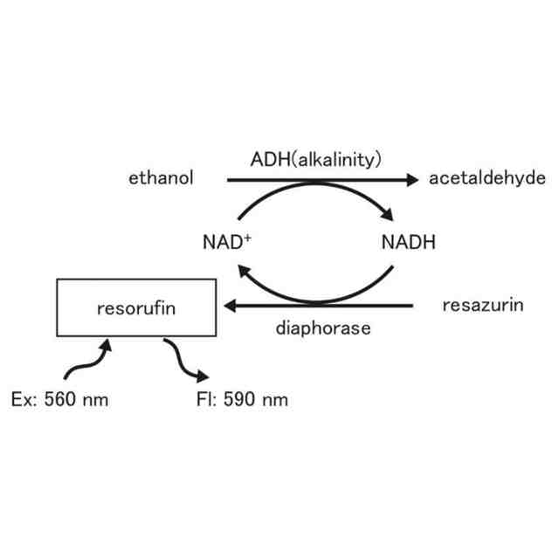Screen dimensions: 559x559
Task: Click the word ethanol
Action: coord(161,179)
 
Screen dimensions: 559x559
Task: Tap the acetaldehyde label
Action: coord(487,179)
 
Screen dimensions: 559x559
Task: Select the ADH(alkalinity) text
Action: coord(317,160)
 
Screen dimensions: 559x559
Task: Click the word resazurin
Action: coord(483,306)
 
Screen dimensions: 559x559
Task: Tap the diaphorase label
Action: coord(323,328)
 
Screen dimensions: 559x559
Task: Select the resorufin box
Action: coord(136,307)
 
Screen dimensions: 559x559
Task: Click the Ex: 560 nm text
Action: coord(60,400)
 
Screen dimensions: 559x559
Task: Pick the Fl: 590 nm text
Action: coord(243,400)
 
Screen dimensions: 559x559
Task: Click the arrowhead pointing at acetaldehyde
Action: coord(411,180)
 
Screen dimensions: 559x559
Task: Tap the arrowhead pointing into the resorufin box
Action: coord(231,306)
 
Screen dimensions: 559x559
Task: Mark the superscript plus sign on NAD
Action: coord(247,237)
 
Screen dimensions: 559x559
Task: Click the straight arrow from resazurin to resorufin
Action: coord(323,306)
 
